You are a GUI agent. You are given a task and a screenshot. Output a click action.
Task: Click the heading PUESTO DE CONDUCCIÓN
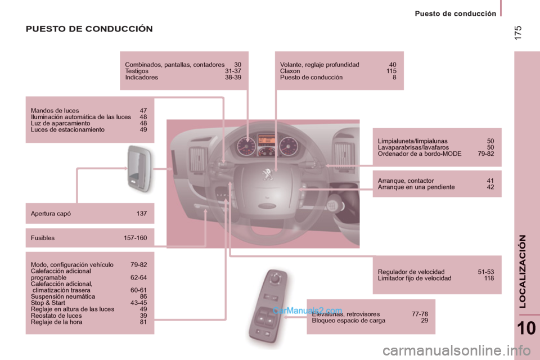coord(89,29)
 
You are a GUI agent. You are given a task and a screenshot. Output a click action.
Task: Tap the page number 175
coord(518,33)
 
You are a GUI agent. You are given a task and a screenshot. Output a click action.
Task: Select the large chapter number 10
coord(526,328)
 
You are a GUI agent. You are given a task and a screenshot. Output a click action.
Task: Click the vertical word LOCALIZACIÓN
coord(523,272)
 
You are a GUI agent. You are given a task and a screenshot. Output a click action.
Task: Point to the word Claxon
coord(290,71)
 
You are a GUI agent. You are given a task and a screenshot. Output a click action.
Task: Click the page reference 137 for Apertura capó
coord(142,214)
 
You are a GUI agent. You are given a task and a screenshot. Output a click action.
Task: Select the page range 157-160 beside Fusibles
coord(136,238)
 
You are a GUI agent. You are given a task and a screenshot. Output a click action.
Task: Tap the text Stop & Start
coord(48,303)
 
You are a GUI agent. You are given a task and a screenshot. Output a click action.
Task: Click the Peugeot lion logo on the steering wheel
coord(267,174)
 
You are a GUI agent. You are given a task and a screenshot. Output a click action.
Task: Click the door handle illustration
coord(139,168)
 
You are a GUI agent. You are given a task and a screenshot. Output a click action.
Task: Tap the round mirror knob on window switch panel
coord(275,277)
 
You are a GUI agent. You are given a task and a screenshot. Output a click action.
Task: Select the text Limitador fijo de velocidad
coord(415,278)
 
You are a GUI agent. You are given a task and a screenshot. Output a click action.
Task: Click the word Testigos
coord(137,71)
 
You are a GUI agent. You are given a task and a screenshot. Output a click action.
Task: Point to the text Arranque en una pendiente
coord(416,187)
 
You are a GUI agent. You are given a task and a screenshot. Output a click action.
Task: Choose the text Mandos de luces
coord(55,111)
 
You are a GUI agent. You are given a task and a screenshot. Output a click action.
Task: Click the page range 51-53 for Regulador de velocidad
coord(485,272)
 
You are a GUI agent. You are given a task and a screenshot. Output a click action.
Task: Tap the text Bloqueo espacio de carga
coord(349,321)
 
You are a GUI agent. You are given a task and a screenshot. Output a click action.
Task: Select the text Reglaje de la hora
coord(56,322)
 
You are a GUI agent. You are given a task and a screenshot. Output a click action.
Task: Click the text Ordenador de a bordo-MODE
coord(420,154)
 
